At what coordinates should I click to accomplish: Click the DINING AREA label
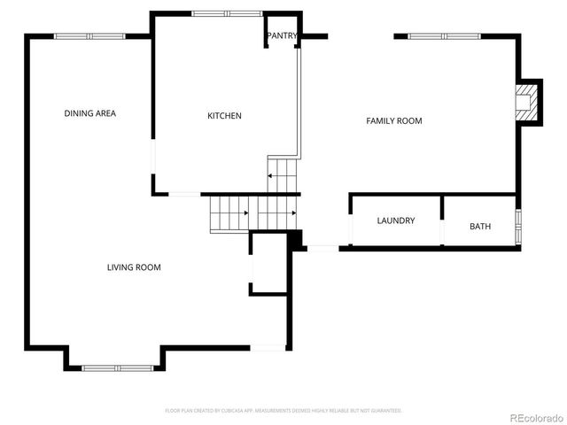pyautogui.click(x=89, y=113)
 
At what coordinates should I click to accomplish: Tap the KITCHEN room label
pyautogui.click(x=224, y=116)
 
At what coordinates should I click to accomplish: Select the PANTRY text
pyautogui.click(x=282, y=36)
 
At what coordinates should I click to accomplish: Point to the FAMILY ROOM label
pyautogui.click(x=394, y=120)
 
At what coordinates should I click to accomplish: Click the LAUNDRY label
pyautogui.click(x=395, y=220)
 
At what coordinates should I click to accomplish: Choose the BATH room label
pyautogui.click(x=480, y=227)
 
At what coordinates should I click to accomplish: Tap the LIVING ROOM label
pyautogui.click(x=134, y=267)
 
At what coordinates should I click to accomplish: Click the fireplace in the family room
pyautogui.click(x=528, y=103)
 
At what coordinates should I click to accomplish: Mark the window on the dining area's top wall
pyautogui.click(x=89, y=36)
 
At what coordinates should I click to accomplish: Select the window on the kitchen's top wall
pyautogui.click(x=227, y=13)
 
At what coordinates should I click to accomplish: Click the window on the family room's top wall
pyautogui.click(x=444, y=36)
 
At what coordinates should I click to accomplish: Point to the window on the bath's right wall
pyautogui.click(x=519, y=226)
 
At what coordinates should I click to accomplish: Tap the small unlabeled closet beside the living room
pyautogui.click(x=268, y=263)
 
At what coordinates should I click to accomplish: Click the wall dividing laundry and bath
pyautogui.click(x=441, y=220)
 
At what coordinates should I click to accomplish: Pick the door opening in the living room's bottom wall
pyautogui.click(x=267, y=347)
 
